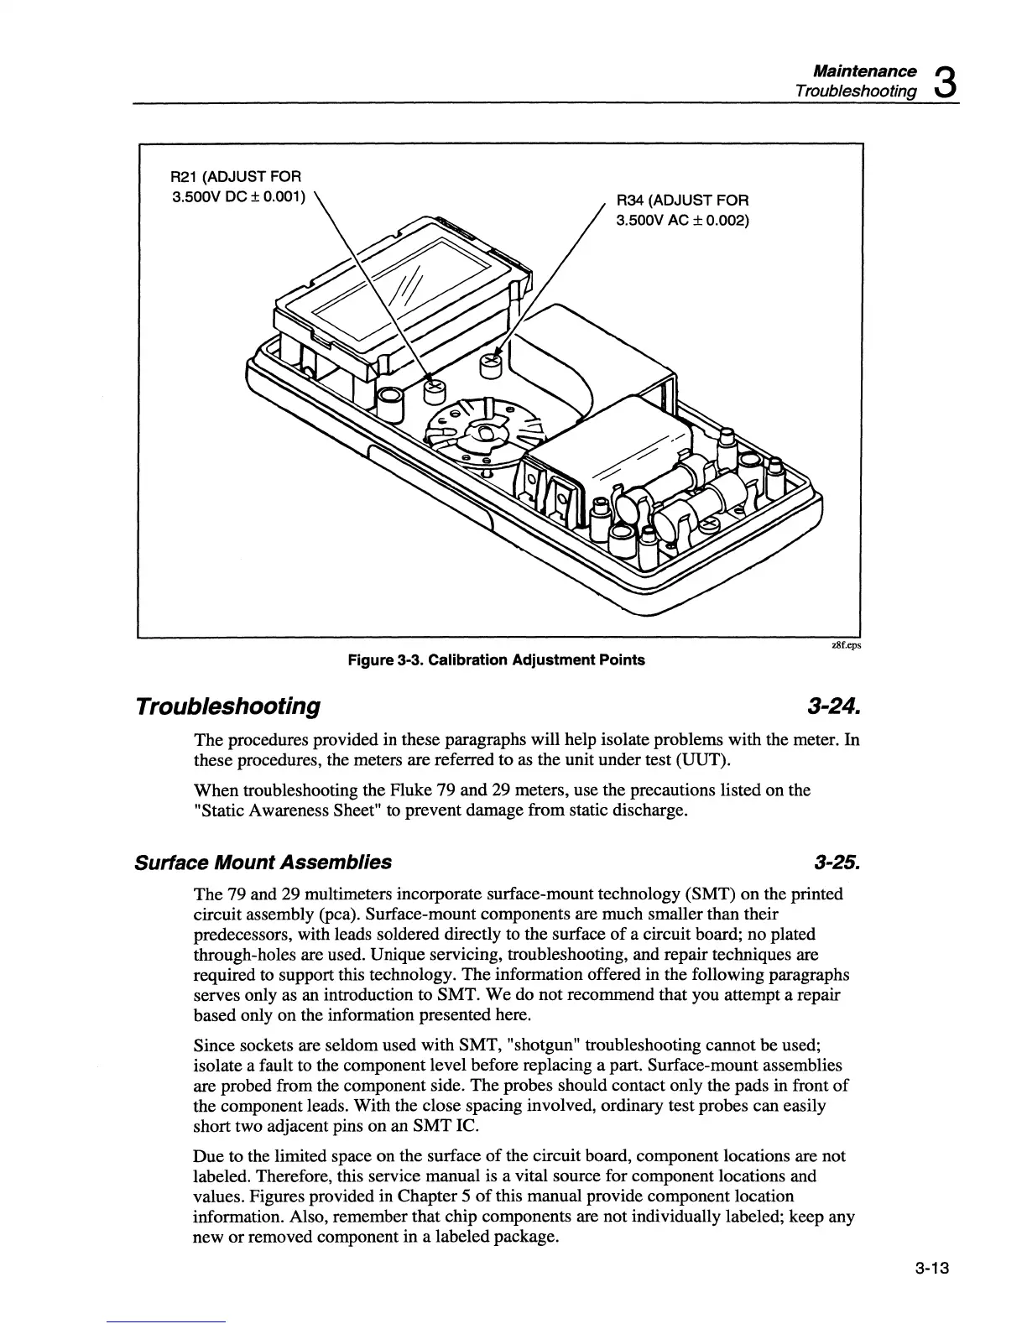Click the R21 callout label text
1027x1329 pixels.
pos(236,187)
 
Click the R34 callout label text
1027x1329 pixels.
pos(683,211)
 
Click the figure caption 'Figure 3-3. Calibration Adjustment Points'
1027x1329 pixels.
pos(497,659)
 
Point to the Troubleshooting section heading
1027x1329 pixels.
pos(227,706)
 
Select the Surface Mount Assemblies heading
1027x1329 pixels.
pos(263,862)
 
